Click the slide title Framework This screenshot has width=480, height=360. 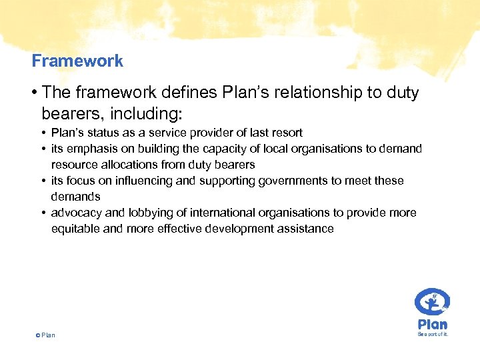(x=77, y=61)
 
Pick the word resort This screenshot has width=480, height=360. (x=287, y=133)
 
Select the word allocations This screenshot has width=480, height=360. (x=125, y=165)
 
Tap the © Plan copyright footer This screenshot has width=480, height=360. (x=45, y=335)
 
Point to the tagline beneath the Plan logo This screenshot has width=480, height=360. (x=433, y=335)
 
